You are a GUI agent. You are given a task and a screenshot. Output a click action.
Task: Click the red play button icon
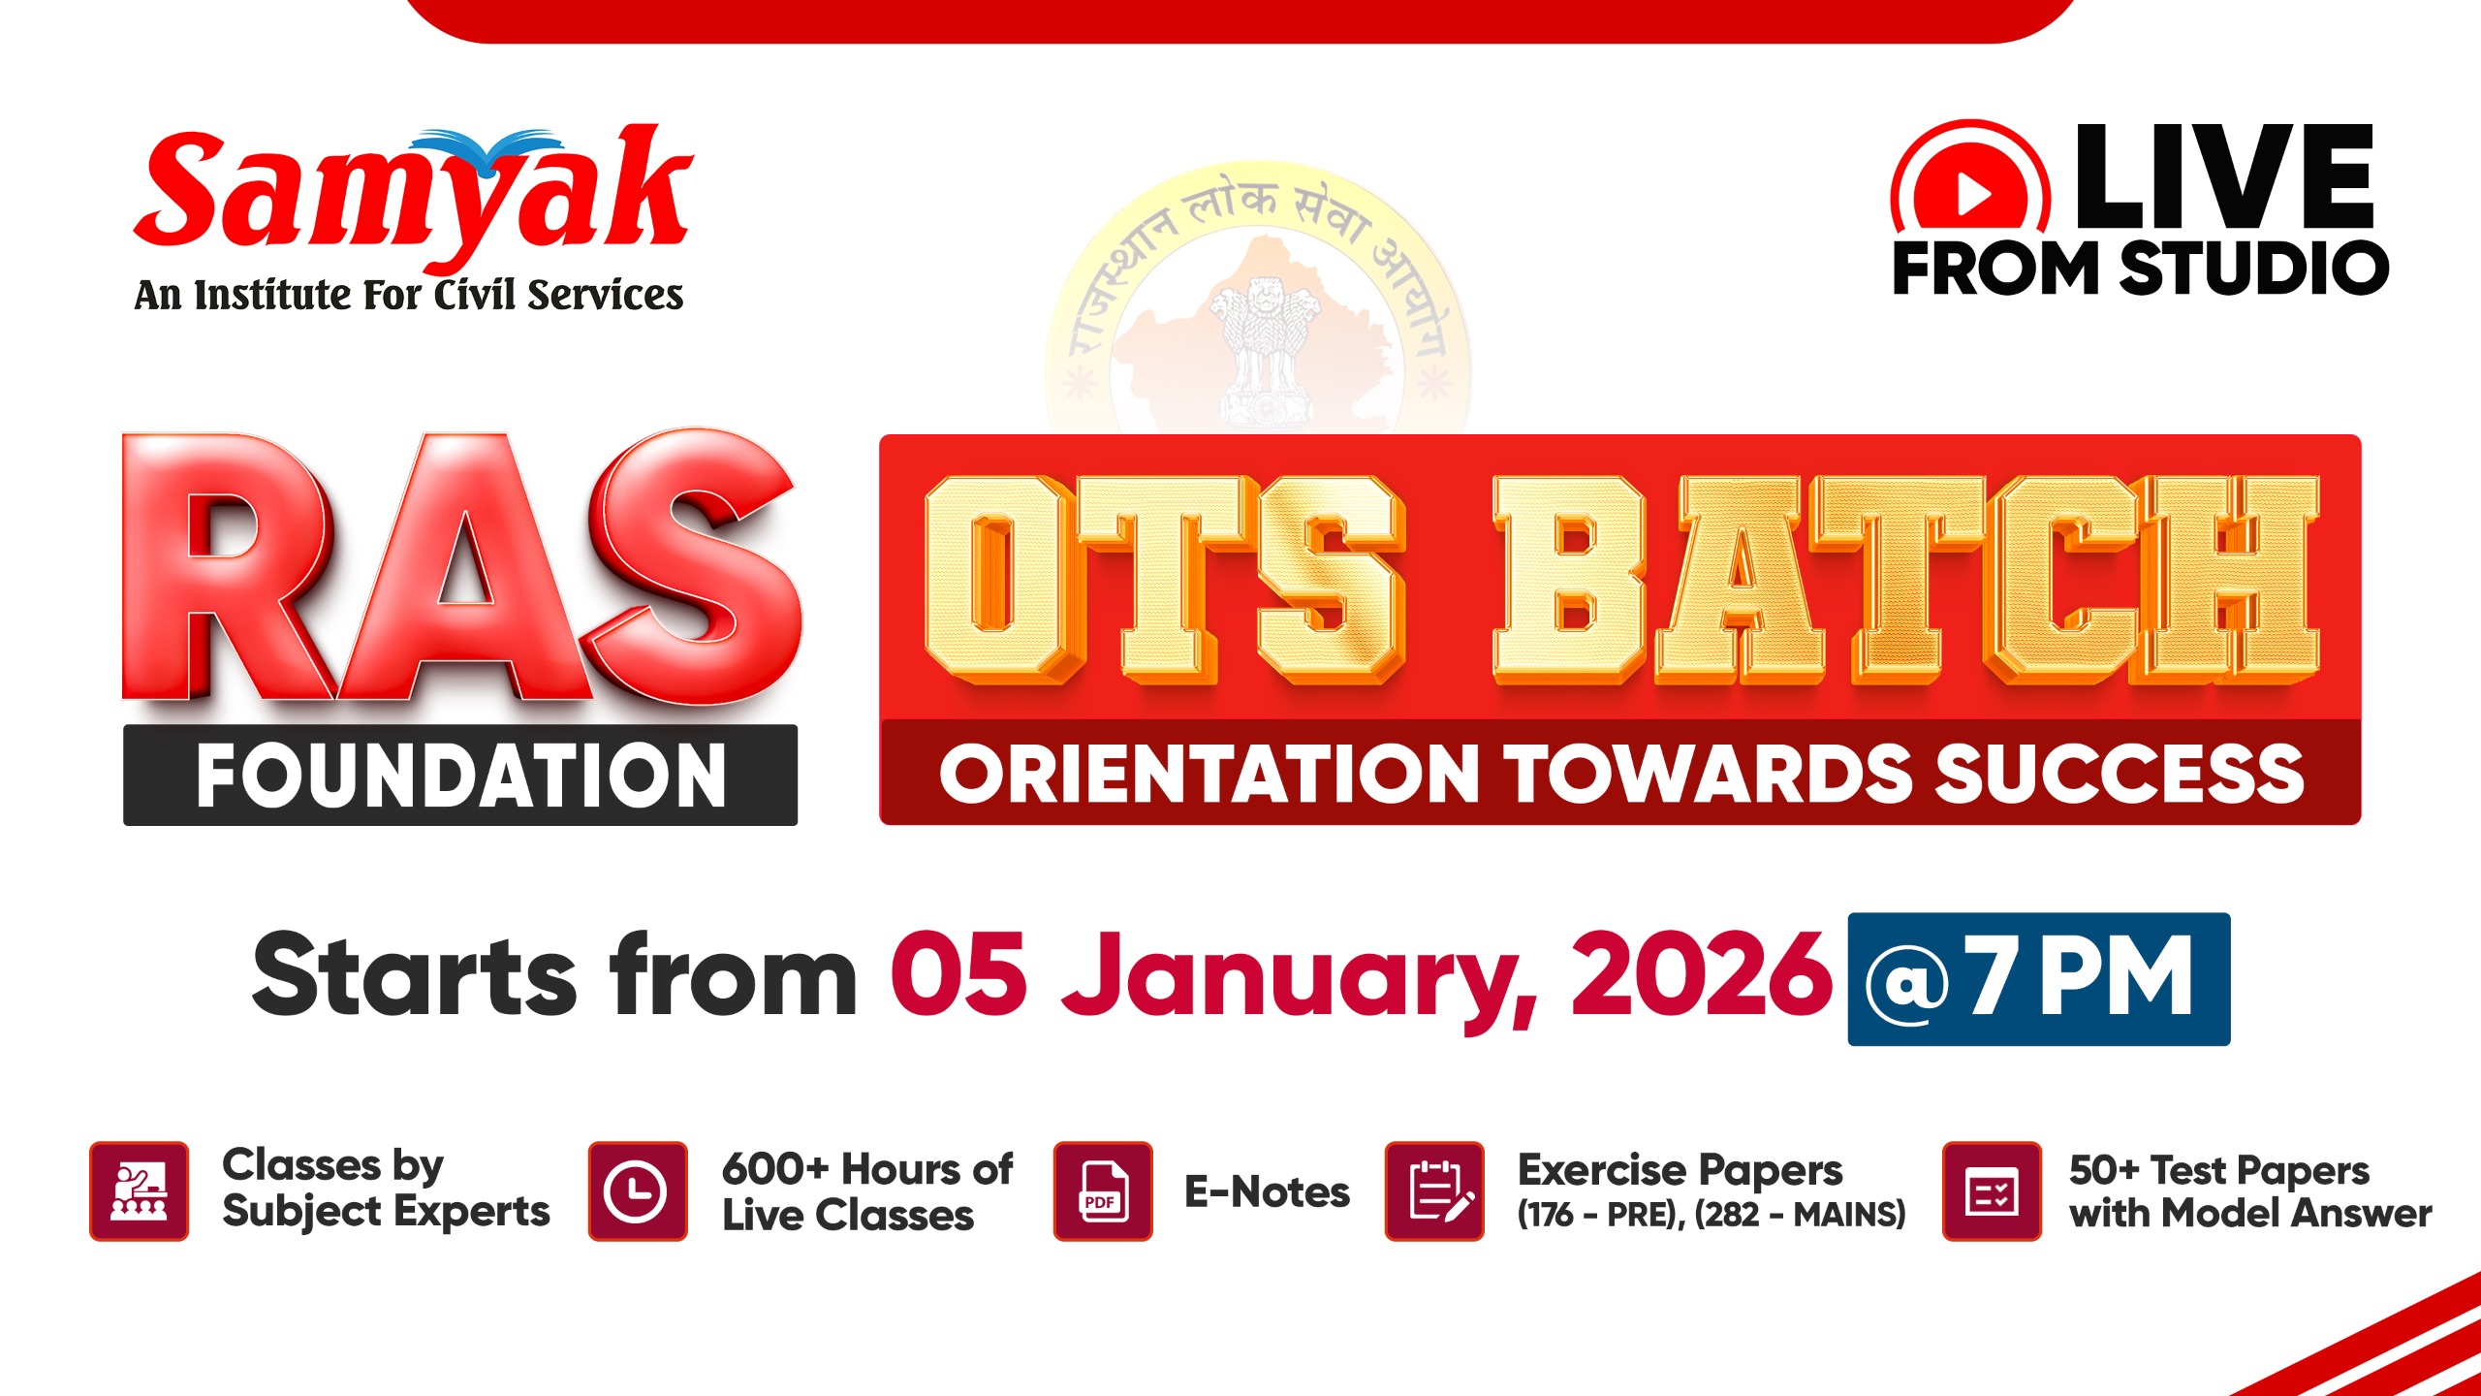click(x=1970, y=194)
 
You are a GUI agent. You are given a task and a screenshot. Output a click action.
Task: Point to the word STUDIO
click(x=2253, y=268)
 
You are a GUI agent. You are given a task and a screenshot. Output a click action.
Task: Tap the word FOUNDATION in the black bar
click(x=460, y=775)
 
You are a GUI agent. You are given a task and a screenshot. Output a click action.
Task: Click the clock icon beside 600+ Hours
click(x=637, y=1190)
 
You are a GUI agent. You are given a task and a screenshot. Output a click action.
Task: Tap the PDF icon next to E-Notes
click(x=1102, y=1190)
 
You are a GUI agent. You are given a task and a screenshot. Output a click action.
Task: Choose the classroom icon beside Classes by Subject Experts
click(x=139, y=1190)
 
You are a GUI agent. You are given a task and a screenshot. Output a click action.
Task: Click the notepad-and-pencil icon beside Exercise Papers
click(x=1434, y=1190)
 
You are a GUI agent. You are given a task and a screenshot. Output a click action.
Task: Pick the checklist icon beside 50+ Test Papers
click(x=1992, y=1190)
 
